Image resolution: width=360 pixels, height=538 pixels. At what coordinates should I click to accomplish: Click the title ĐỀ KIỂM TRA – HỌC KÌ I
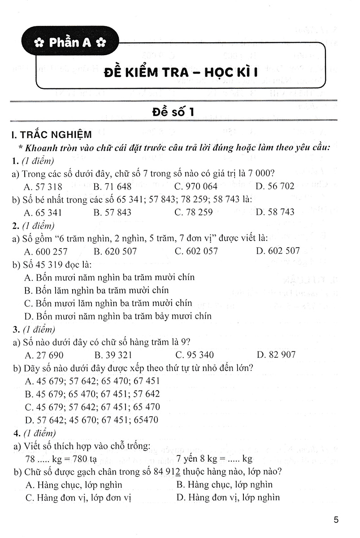(x=184, y=72)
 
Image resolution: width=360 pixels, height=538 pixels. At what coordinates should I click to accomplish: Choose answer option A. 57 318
(x=43, y=187)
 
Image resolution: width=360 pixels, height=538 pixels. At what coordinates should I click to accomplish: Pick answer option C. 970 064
(x=196, y=187)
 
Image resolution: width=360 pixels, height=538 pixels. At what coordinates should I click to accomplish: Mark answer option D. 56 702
(x=275, y=187)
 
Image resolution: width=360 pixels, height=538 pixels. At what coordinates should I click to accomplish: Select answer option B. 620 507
(x=115, y=251)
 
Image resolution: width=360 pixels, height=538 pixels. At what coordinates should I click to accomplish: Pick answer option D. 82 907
(x=276, y=355)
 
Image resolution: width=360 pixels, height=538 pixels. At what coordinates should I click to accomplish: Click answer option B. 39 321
(x=113, y=355)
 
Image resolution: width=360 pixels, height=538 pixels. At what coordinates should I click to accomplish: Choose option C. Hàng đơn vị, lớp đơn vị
(x=78, y=497)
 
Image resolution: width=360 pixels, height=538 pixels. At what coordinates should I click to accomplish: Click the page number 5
(x=336, y=521)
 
